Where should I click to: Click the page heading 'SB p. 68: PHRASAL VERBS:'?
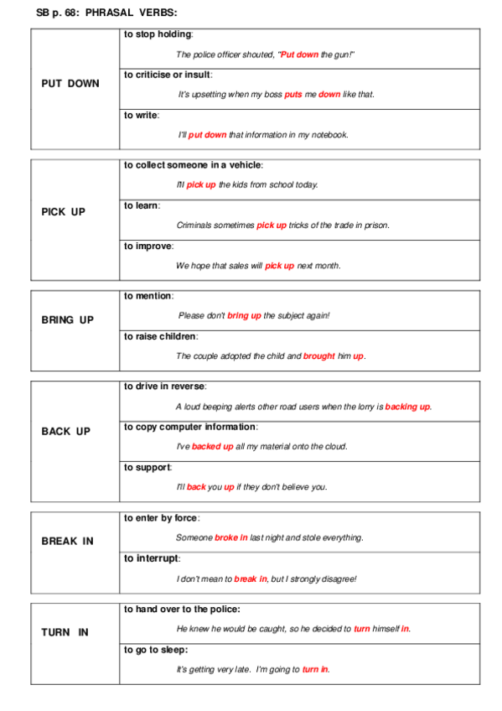(107, 13)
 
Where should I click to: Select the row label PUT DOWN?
(70, 84)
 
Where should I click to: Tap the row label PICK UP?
(64, 212)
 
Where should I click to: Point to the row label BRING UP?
(68, 320)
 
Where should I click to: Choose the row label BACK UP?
(65, 432)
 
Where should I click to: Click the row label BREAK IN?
(67, 542)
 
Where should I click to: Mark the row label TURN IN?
(65, 633)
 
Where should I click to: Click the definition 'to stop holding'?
(158, 34)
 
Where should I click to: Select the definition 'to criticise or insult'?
(168, 75)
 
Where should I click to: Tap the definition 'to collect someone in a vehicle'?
(194, 165)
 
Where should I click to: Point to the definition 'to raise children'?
(161, 336)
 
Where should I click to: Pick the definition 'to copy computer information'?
(190, 427)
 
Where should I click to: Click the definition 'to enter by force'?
(162, 518)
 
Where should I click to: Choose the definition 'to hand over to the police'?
(181, 610)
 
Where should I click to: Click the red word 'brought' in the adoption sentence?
(318, 356)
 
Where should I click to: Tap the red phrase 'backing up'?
(407, 407)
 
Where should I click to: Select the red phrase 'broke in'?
(230, 537)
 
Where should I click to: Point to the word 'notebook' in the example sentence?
(329, 134)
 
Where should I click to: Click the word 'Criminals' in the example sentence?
(195, 225)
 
